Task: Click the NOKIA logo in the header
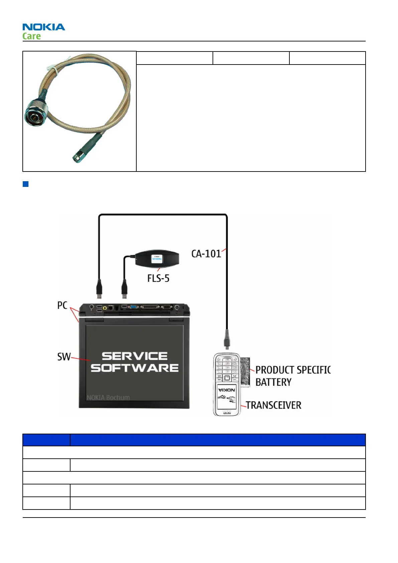44,27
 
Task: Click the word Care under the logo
31,36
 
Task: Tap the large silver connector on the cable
36,113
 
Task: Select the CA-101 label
206,254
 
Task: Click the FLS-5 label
158,278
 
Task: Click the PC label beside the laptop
62,306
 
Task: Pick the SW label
64,357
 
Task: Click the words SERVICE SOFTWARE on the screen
135,362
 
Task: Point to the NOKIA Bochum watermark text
108,398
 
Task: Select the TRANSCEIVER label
274,406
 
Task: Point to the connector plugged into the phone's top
227,339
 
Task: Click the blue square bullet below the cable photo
25,184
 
